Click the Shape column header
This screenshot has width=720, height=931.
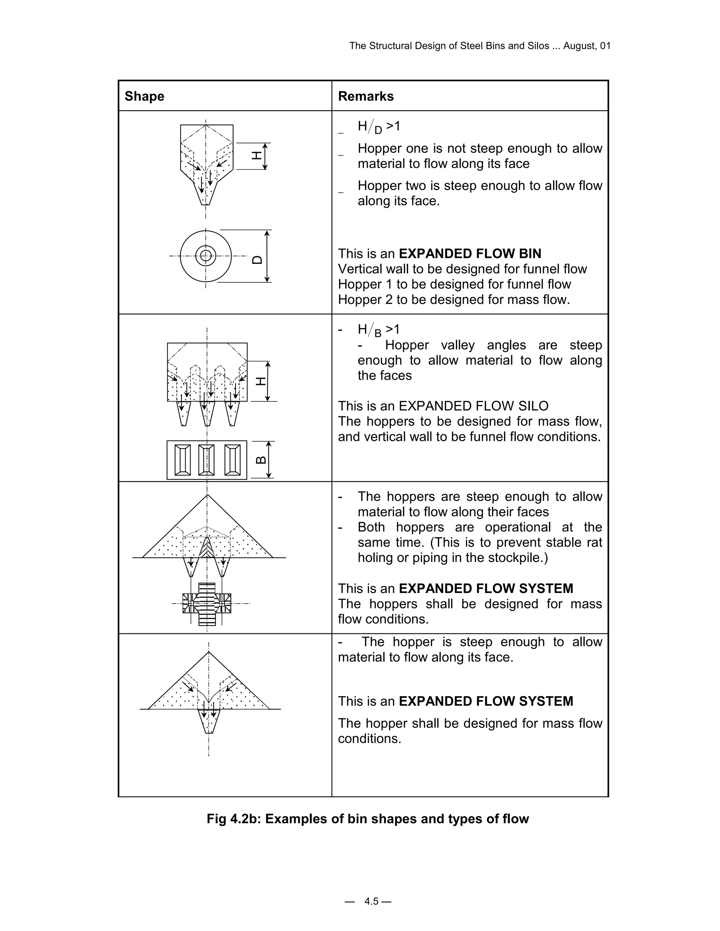pyautogui.click(x=144, y=96)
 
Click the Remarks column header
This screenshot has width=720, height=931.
pyautogui.click(x=366, y=96)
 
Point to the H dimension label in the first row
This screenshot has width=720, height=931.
pyautogui.click(x=257, y=155)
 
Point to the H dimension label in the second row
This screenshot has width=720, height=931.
pyautogui.click(x=260, y=381)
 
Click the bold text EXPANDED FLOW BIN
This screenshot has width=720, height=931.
pyautogui.click(x=470, y=254)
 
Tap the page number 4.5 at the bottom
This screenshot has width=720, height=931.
pyautogui.click(x=371, y=901)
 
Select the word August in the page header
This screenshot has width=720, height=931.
pyautogui.click(x=580, y=46)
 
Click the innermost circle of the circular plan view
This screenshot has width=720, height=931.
pyautogui.click(x=206, y=256)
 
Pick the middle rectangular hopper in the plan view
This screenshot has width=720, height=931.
pyautogui.click(x=206, y=460)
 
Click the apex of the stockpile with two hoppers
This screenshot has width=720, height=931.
pyautogui.click(x=207, y=495)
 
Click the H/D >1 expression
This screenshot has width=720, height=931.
pyautogui.click(x=378, y=126)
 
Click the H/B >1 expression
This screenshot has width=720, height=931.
pyautogui.click(x=378, y=330)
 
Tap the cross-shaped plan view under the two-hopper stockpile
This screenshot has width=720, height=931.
pyautogui.click(x=207, y=604)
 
